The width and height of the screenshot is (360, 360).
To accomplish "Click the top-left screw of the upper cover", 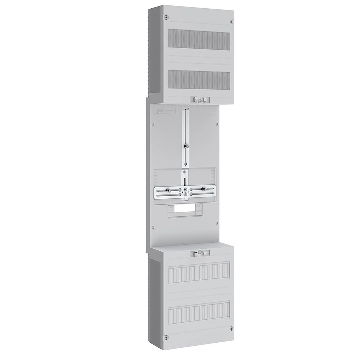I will point(166,17).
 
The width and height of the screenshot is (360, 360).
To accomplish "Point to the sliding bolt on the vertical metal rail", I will point(185,146).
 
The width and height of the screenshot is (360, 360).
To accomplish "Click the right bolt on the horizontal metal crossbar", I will point(203,188).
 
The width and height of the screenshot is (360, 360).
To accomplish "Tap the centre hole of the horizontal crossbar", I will point(185,189).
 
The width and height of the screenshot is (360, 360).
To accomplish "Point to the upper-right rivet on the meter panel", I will point(217,125).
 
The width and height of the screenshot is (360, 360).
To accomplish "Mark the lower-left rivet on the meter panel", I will point(153,227).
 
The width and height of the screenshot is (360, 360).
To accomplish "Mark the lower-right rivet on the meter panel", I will point(217,227).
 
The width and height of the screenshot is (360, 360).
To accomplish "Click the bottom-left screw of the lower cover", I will point(166,337).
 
